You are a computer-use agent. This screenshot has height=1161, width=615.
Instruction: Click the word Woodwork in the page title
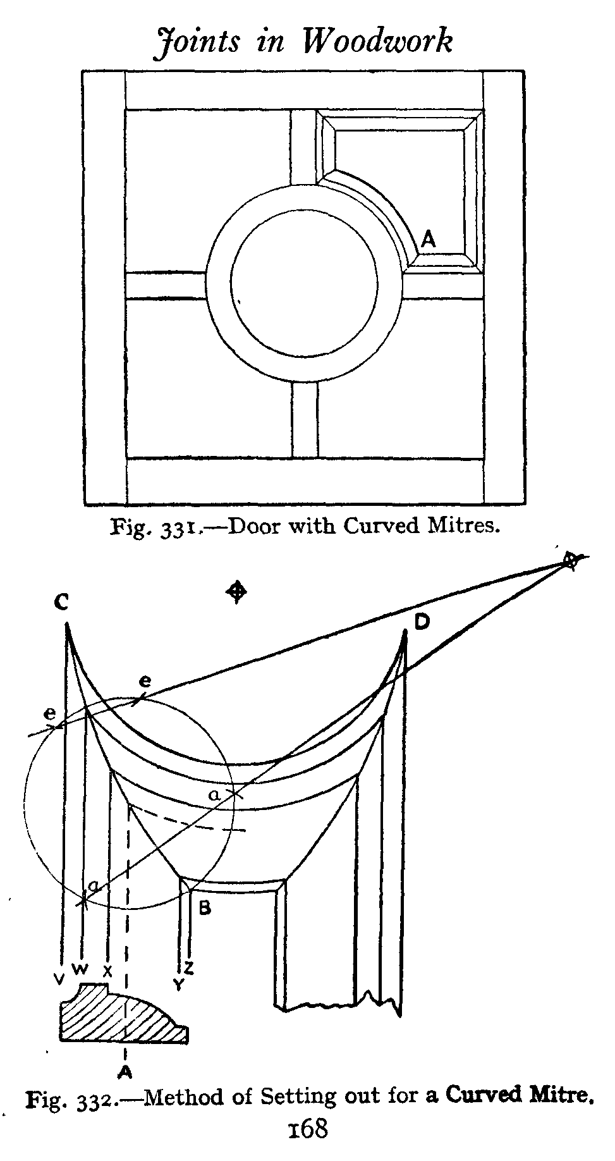377,42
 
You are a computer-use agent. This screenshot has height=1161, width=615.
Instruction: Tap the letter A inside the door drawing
429,238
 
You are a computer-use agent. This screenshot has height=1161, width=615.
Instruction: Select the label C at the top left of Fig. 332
61,603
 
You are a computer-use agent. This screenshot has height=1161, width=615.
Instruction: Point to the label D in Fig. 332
422,623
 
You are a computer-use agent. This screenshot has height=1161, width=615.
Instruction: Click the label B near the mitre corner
204,909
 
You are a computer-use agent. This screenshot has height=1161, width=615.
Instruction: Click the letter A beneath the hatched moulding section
126,1071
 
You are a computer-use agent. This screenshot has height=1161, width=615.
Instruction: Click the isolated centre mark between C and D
237,592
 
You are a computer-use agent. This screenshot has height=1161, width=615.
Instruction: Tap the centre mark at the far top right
570,560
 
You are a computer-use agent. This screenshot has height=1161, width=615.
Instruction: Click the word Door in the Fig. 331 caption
253,525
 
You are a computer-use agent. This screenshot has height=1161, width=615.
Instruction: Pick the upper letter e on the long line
145,681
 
